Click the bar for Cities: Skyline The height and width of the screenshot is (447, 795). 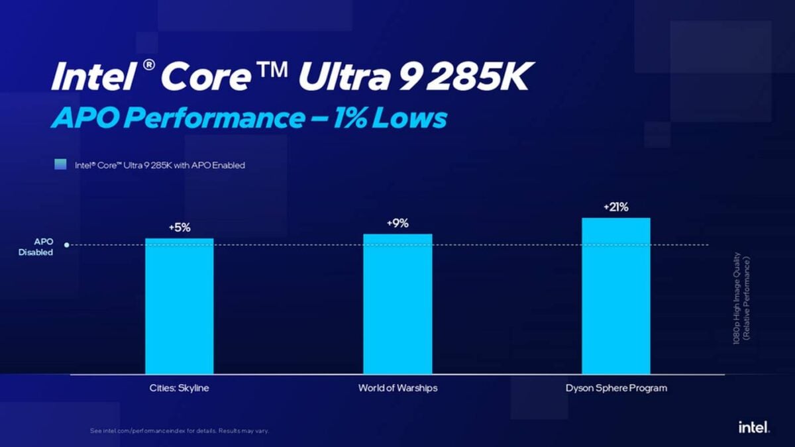coord(180,306)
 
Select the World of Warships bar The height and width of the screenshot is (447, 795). coord(397,304)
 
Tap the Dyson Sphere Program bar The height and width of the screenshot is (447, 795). coord(616,296)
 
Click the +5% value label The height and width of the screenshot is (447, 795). coord(180,228)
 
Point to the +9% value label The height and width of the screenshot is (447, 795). coord(397,223)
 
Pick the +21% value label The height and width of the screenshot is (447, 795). coord(615,207)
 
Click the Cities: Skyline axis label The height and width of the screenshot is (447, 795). coord(179,388)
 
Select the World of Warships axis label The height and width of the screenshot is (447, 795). coord(397,388)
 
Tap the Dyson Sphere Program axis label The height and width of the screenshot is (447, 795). coord(615,388)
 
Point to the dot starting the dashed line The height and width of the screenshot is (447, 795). coord(68,246)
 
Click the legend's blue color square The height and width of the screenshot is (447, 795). coord(60,165)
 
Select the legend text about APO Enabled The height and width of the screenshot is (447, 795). coord(159,165)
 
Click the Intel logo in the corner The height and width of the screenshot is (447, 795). coord(754,428)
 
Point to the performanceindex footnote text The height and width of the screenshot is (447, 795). coord(180,431)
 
